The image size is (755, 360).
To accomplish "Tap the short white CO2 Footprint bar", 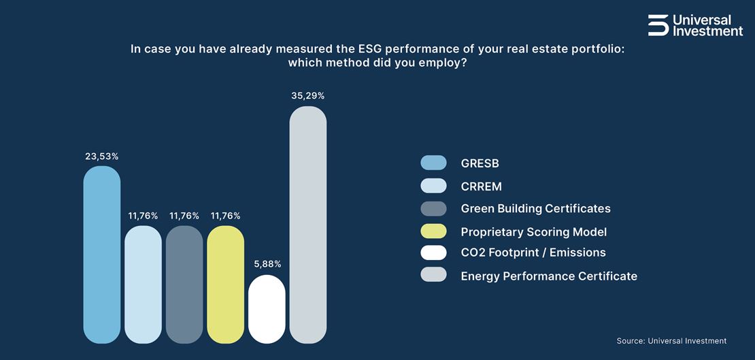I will point(267,309).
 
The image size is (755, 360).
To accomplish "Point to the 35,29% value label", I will point(308,96).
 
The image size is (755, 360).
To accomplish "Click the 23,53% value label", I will point(102,156).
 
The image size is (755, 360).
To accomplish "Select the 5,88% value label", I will point(267,264).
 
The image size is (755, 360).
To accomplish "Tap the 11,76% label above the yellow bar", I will point(225,216).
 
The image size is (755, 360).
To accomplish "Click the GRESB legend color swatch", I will point(433,163).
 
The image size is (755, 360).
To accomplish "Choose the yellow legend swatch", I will point(433,231).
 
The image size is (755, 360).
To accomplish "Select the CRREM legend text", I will point(481,186).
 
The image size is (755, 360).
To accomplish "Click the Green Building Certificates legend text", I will point(535,208).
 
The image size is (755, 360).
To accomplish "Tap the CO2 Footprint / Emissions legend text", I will point(533,252).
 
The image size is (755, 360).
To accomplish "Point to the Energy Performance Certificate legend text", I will point(549,276).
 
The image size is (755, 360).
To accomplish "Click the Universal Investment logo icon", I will point(658,24).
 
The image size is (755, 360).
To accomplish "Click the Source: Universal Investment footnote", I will point(671,341).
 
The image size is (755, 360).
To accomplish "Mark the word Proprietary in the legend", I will point(492,232).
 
